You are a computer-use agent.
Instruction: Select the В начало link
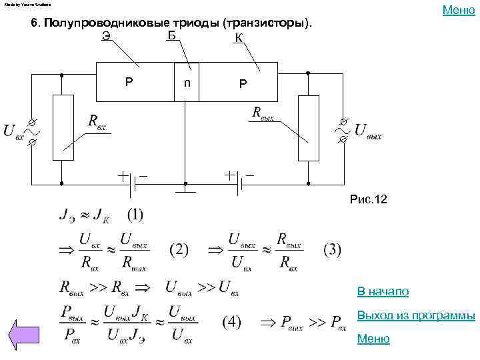(383, 292)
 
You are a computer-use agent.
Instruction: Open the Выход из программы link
(416, 315)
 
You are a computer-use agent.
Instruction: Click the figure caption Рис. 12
(368, 200)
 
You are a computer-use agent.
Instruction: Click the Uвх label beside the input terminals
(14, 131)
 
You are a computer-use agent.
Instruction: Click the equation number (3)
(332, 250)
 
